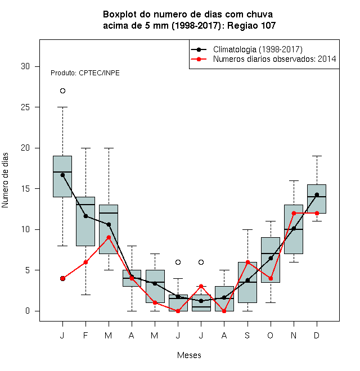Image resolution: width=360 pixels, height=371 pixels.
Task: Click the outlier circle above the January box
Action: [62, 91]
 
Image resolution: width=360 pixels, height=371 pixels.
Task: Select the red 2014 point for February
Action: [85, 262]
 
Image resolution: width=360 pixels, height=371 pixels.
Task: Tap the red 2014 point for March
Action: [109, 237]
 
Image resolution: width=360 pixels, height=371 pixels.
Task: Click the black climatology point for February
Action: [85, 216]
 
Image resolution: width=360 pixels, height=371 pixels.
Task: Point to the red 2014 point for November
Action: [294, 213]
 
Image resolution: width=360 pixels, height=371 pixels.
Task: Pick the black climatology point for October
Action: [271, 258]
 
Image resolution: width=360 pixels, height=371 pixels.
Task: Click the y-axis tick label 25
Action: [25, 107]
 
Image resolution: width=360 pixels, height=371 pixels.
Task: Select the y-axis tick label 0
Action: [28, 311]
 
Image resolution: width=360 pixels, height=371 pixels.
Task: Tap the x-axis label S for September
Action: [247, 335]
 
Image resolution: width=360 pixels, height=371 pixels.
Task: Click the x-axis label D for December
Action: [317, 335]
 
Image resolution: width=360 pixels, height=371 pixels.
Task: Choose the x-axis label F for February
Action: [85, 335]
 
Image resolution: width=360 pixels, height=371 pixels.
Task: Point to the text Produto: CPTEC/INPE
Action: [85, 73]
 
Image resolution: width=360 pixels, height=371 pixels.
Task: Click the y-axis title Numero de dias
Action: [5, 180]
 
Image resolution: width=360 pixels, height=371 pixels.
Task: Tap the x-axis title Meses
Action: [189, 355]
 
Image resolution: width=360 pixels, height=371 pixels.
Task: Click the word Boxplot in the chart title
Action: [120, 15]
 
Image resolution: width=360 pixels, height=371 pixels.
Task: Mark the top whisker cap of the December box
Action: [317, 156]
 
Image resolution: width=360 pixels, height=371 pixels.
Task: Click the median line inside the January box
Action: [62, 172]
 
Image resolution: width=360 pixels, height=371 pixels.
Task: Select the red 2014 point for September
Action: [247, 262]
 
